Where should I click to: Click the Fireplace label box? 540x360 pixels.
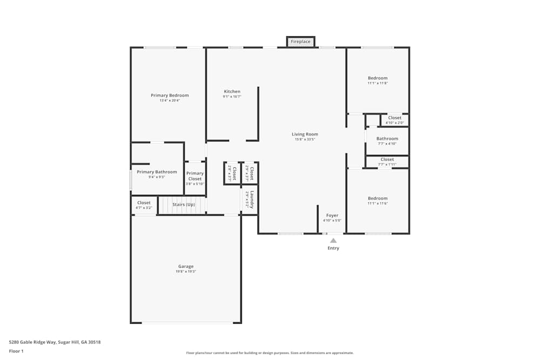[x=301, y=42]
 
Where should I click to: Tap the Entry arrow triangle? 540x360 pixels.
[x=333, y=241]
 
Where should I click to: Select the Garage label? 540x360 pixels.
[x=186, y=266]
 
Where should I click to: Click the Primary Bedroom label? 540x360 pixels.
[x=170, y=96]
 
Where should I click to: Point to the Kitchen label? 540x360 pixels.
[x=232, y=91]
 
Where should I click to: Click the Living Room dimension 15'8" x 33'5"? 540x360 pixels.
[x=305, y=139]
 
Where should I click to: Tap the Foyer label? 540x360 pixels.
[x=332, y=215]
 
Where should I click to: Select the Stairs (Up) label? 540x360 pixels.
[x=184, y=205]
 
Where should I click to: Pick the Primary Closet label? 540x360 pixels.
[x=195, y=176]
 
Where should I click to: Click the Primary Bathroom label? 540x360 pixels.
[x=157, y=172]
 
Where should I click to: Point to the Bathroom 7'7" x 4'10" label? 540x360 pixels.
[x=387, y=139]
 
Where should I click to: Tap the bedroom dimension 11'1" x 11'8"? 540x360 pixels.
[x=377, y=83]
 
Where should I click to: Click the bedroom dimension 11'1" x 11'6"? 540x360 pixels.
[x=377, y=203]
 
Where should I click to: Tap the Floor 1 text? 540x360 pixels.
[x=16, y=351]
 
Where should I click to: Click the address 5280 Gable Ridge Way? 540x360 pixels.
[x=55, y=342]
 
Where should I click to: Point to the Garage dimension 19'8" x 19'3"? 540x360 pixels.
[x=186, y=271]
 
